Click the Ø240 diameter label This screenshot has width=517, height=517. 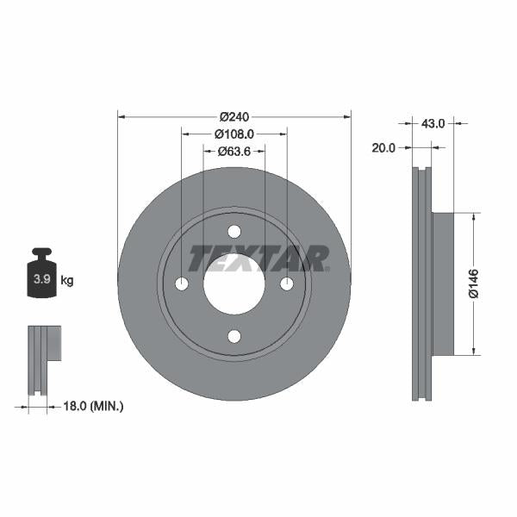(234, 116)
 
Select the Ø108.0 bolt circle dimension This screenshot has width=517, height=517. (234, 134)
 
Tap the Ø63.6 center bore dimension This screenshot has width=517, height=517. (234, 151)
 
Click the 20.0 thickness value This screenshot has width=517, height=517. (383, 147)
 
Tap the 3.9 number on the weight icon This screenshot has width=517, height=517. (40, 280)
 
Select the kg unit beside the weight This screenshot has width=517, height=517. (67, 280)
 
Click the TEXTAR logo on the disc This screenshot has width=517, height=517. (258, 258)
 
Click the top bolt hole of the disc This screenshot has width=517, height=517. (234, 232)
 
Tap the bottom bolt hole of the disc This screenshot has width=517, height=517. (234, 336)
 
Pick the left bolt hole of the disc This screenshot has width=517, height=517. (182, 284)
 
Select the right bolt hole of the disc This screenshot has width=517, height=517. (286, 284)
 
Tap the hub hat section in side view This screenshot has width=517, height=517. (441, 284)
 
